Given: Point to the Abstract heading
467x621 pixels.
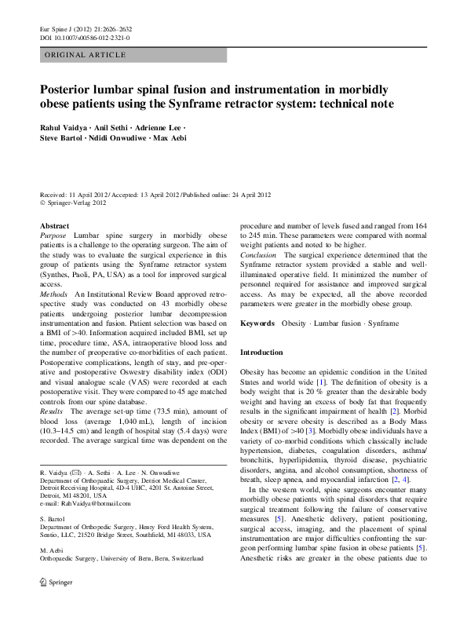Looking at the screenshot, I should [x=54, y=225].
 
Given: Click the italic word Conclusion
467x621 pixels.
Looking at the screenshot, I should [x=258, y=254].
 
